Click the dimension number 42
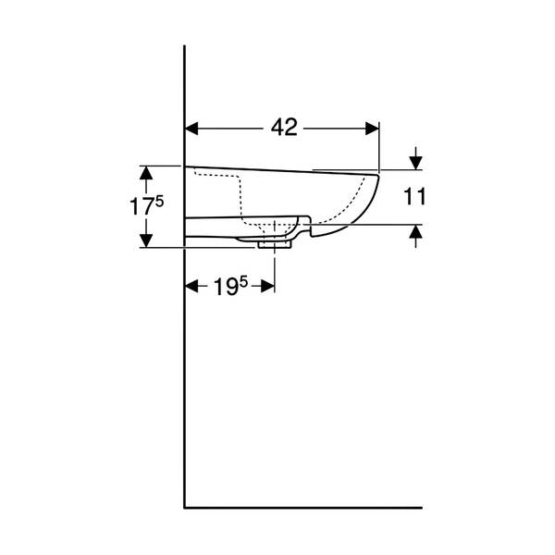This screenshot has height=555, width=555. tap(284, 128)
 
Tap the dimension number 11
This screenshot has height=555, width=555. tap(414, 197)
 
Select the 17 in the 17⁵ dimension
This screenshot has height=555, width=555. tap(142, 206)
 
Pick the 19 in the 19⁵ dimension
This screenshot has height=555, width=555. tap(226, 287)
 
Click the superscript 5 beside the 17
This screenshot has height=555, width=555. tap(159, 202)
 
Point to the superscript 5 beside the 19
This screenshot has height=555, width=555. tap(243, 282)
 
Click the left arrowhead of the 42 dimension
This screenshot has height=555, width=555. tap(191, 129)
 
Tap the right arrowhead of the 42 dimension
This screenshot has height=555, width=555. tap(372, 129)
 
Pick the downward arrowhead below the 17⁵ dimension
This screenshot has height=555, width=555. tap(146, 241)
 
